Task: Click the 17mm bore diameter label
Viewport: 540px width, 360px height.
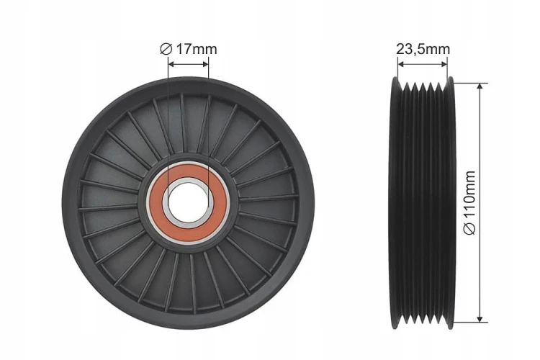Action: (x=189, y=49)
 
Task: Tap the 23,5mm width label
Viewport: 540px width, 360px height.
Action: (x=423, y=49)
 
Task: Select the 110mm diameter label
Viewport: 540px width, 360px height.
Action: (x=469, y=203)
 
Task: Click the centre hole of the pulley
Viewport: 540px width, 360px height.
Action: (x=189, y=204)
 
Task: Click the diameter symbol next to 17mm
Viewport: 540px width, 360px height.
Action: (x=166, y=49)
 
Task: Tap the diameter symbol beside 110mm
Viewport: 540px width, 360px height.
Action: (x=469, y=229)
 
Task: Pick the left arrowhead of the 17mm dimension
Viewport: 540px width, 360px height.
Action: (x=171, y=64)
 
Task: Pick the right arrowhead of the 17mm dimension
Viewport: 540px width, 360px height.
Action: (x=205, y=64)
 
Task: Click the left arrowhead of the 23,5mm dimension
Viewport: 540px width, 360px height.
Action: (x=400, y=64)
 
